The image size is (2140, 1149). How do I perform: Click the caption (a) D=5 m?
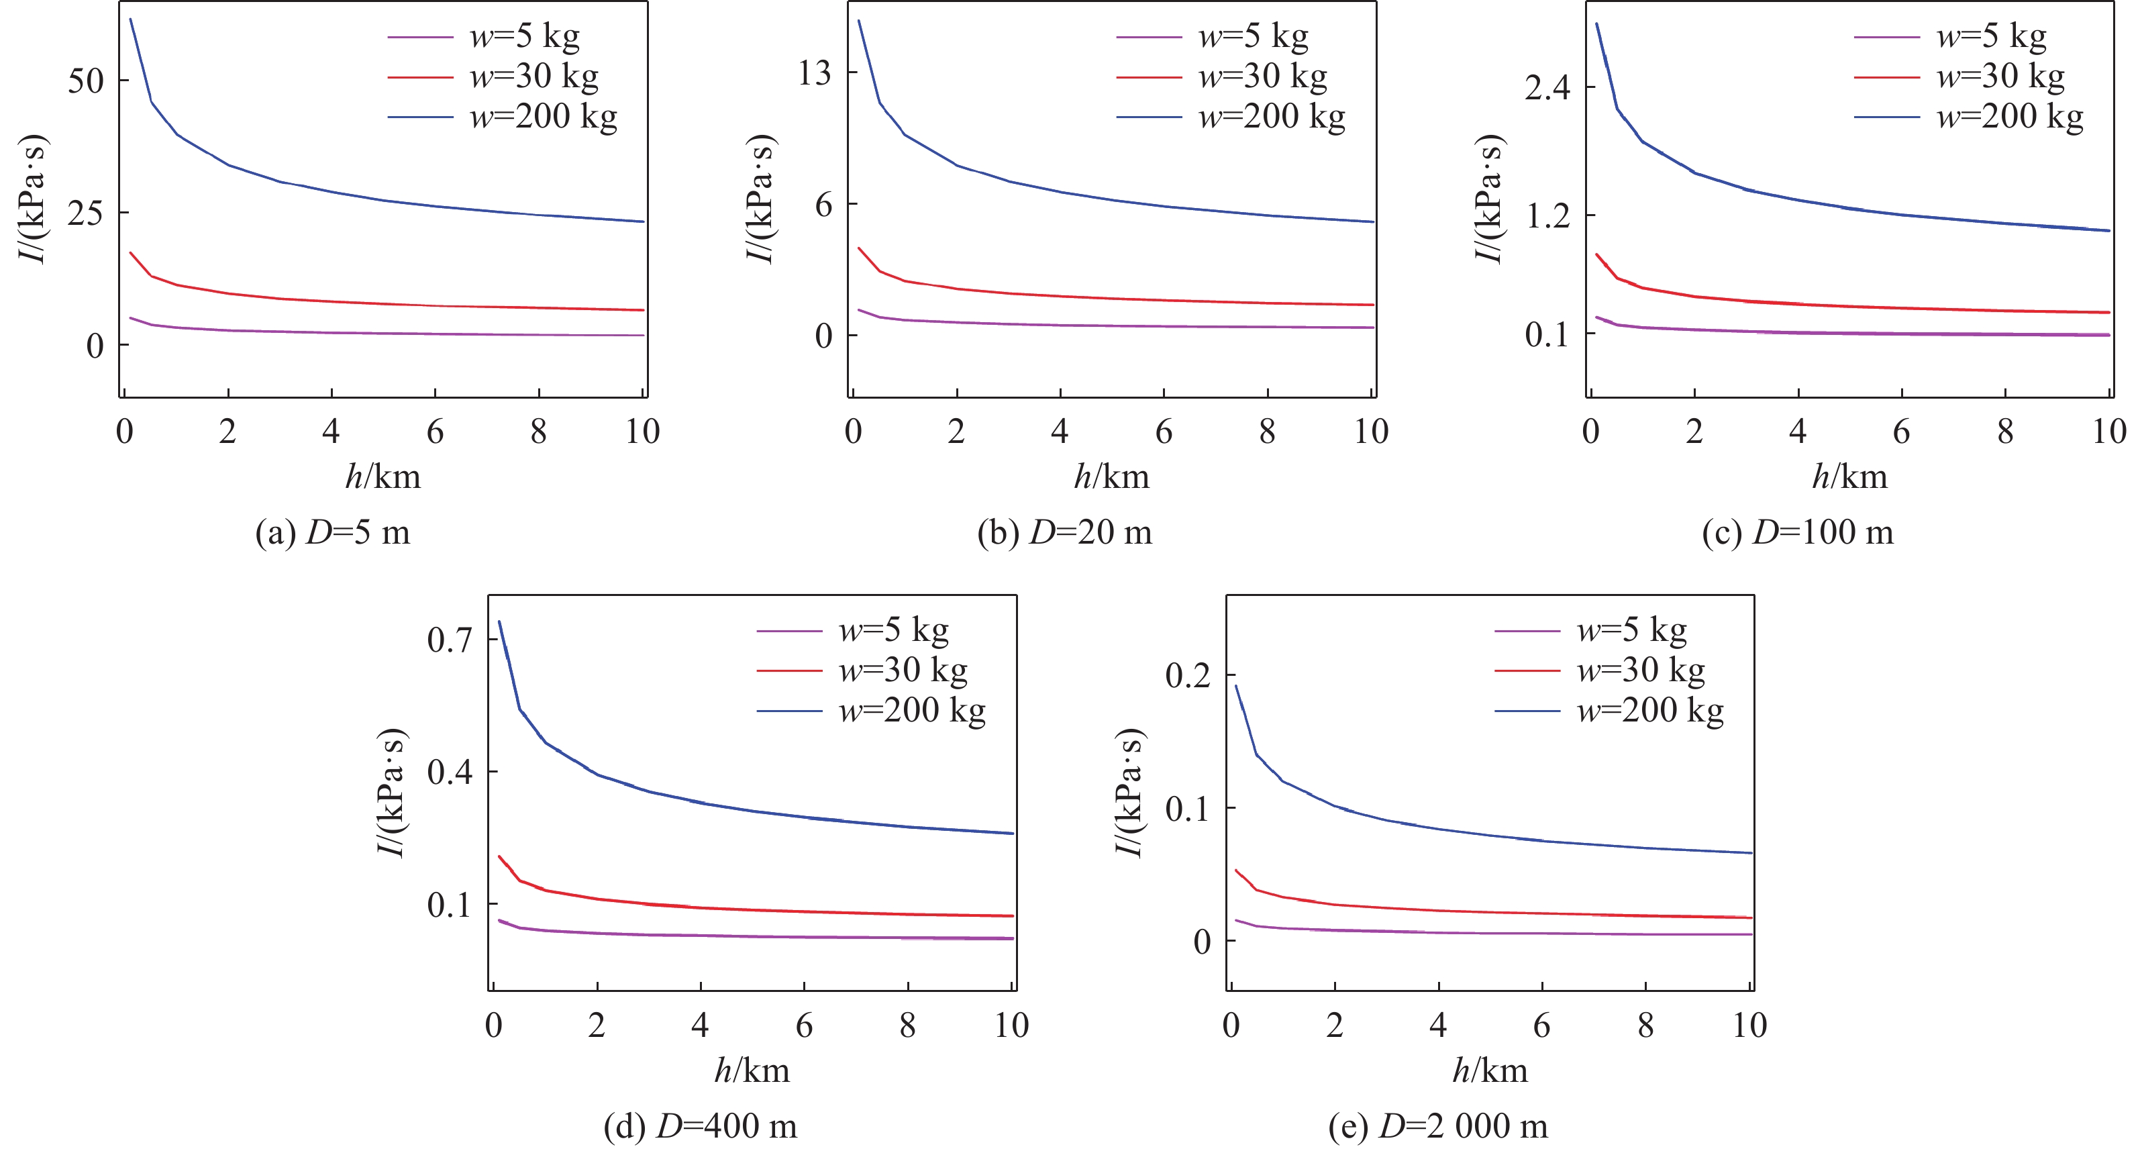click(332, 532)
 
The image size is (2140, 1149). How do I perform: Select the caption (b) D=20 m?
click(1064, 532)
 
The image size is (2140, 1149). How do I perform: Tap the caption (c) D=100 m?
click(1797, 532)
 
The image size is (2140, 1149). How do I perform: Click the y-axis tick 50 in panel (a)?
click(86, 81)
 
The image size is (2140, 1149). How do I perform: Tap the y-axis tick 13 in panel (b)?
click(814, 73)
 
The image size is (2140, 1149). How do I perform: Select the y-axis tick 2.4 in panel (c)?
click(1547, 87)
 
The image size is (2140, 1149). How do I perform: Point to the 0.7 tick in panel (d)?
click(450, 640)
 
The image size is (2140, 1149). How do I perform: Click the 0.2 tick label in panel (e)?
click(1187, 675)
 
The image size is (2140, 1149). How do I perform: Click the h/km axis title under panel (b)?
click(1111, 477)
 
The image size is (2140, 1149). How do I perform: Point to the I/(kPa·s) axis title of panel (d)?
click(391, 793)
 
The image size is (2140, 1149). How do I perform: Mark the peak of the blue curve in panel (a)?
click(130, 19)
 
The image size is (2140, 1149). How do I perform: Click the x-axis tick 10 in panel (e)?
click(1749, 1026)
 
